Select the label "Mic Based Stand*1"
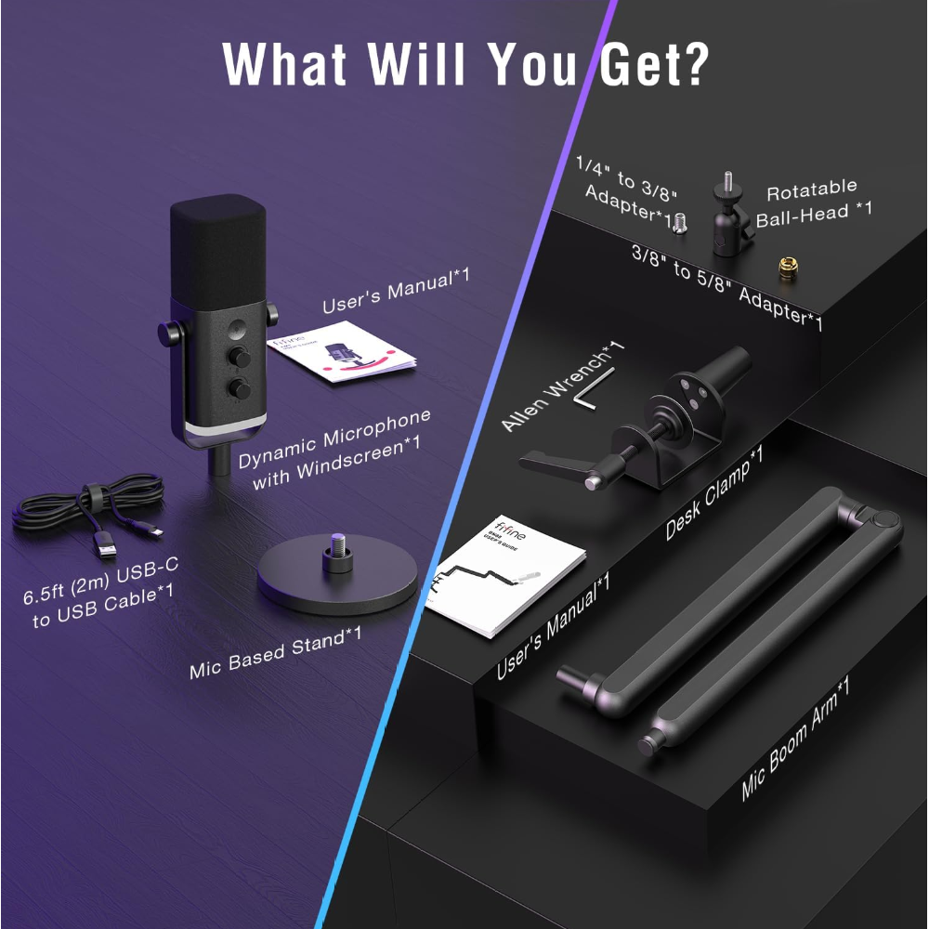[275, 651]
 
